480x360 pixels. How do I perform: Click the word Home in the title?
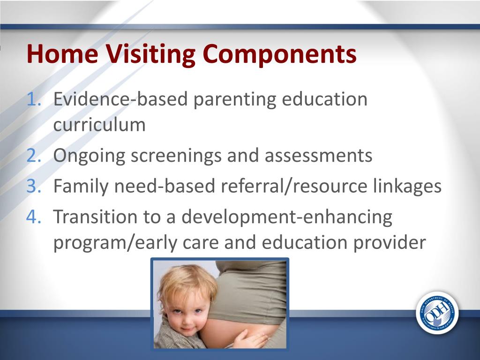pyautogui.click(x=62, y=53)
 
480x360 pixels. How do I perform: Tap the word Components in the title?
pyautogui.click(x=279, y=54)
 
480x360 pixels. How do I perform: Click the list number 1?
pyautogui.click(x=34, y=99)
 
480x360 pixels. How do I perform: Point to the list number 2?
pyautogui.click(x=34, y=155)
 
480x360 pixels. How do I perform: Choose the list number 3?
pyautogui.click(x=34, y=186)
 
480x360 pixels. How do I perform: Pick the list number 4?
pyautogui.click(x=34, y=217)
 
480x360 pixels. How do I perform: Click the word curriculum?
pyautogui.click(x=99, y=125)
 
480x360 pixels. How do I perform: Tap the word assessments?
pyautogui.click(x=318, y=155)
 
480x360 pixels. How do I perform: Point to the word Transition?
pyautogui.click(x=95, y=217)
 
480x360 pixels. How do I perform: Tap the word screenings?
pyautogui.click(x=176, y=156)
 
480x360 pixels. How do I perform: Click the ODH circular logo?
pyautogui.click(x=437, y=313)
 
